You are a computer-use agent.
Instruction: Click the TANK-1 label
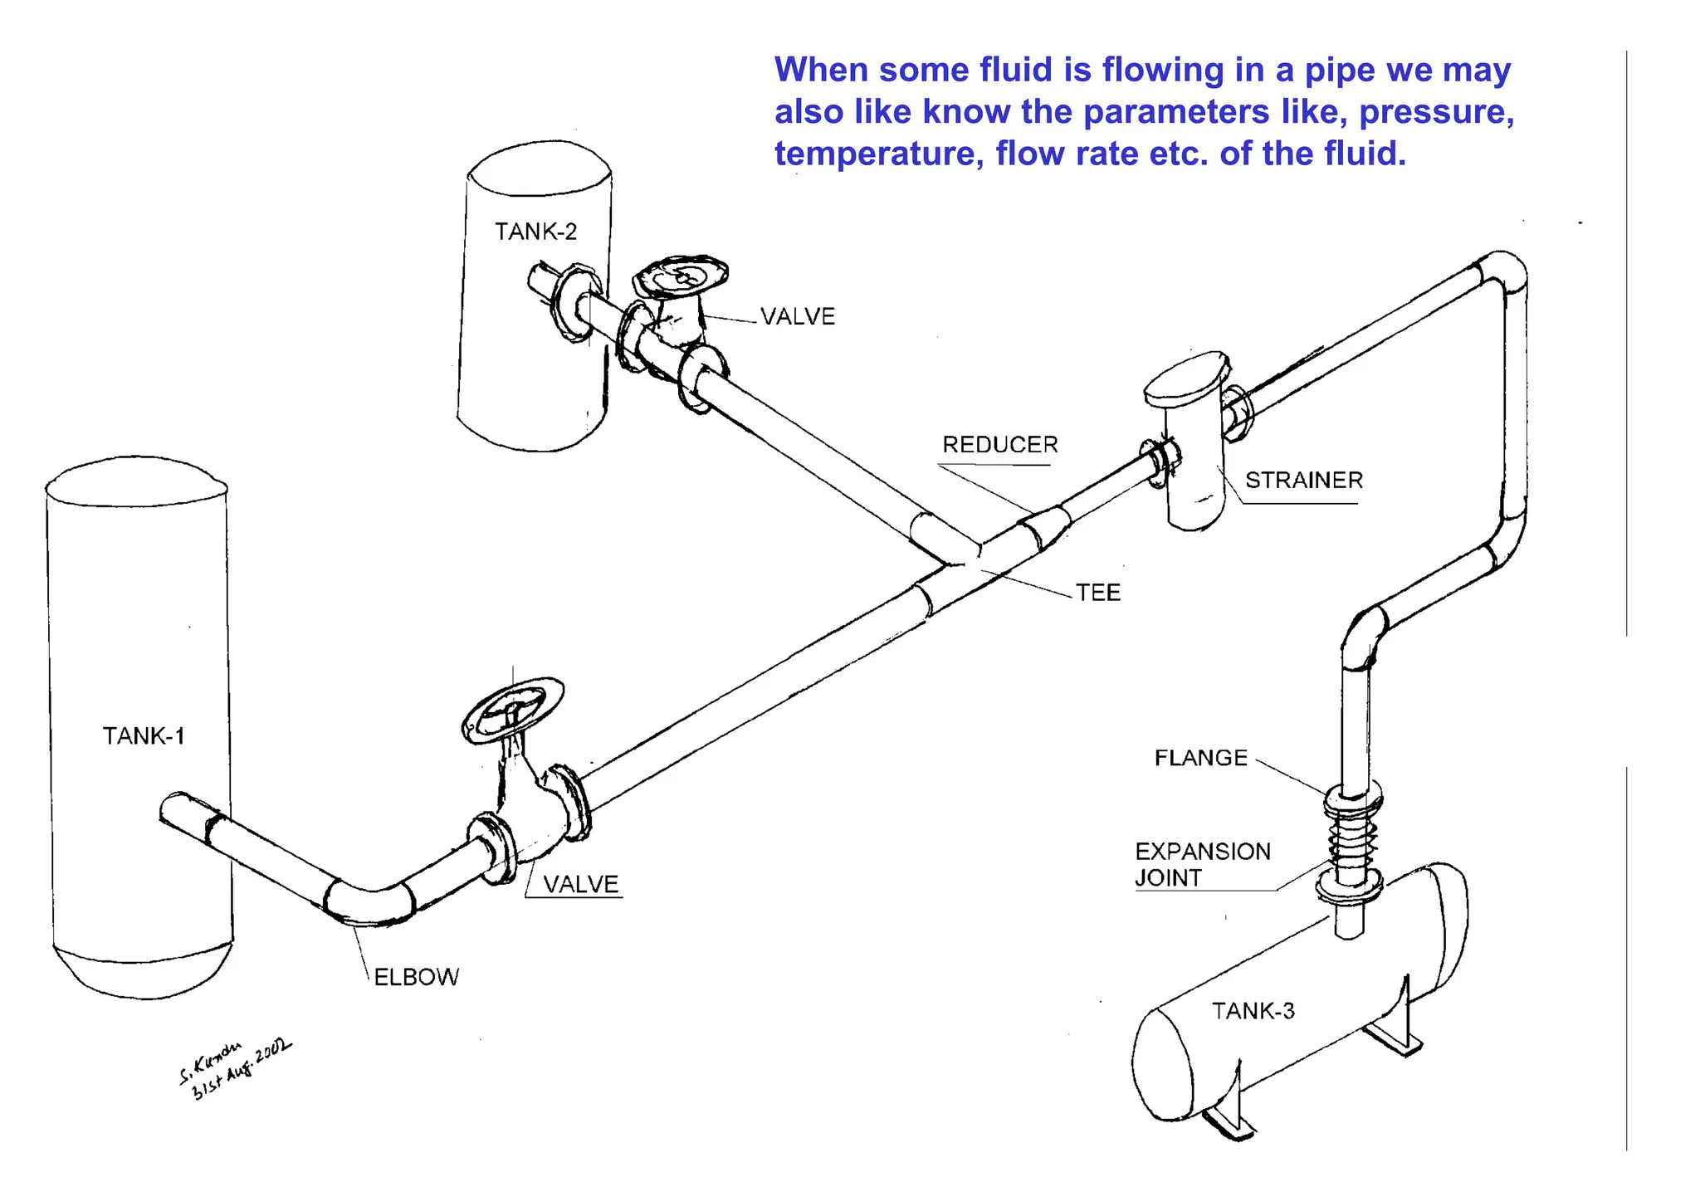point(143,736)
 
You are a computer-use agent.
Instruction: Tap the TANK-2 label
point(535,232)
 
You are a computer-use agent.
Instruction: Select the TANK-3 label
point(1253,1011)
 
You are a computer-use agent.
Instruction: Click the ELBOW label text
point(416,977)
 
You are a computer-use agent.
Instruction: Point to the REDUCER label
point(999,445)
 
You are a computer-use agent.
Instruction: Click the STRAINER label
point(1303,481)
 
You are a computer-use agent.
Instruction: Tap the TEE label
point(1097,593)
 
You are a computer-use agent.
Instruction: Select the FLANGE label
point(1200,758)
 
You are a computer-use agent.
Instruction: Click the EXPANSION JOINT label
point(1201,864)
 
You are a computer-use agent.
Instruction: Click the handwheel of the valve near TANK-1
point(513,710)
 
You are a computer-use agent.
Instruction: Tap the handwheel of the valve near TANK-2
point(681,275)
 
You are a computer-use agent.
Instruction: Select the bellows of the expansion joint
point(1351,841)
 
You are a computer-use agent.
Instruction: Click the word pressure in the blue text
point(1435,112)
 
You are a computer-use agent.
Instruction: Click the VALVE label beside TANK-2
point(797,316)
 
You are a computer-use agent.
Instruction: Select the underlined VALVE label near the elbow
point(580,884)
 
